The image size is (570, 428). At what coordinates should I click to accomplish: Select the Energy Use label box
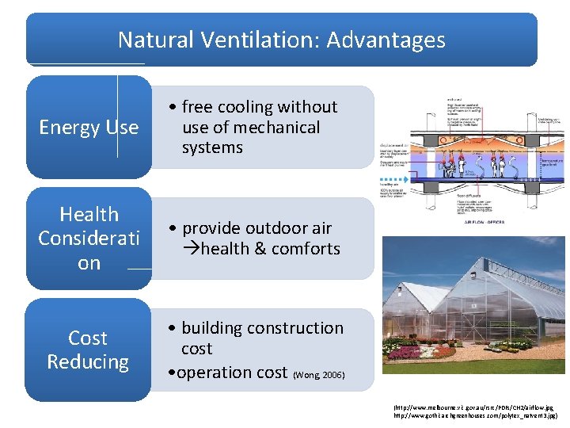[x=89, y=128]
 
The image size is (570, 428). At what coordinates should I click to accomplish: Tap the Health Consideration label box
[x=89, y=239]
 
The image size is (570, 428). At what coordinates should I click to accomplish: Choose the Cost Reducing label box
[x=88, y=350]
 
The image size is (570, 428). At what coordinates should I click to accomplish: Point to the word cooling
[x=244, y=107]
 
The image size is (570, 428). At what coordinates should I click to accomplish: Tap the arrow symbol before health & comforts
[x=192, y=249]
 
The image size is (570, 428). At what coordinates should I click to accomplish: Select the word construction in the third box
[x=294, y=328]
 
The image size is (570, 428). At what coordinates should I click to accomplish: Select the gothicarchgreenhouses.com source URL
[x=475, y=415]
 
